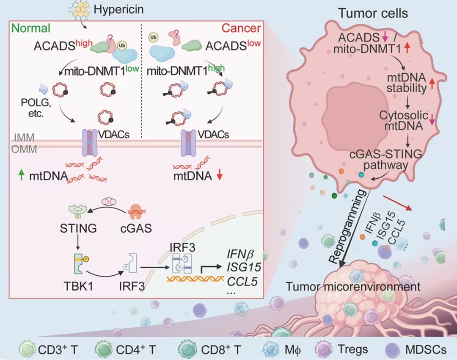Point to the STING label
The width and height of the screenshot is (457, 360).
pyautogui.click(x=78, y=229)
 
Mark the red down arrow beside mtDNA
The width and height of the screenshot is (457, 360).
pyautogui.click(x=219, y=175)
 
